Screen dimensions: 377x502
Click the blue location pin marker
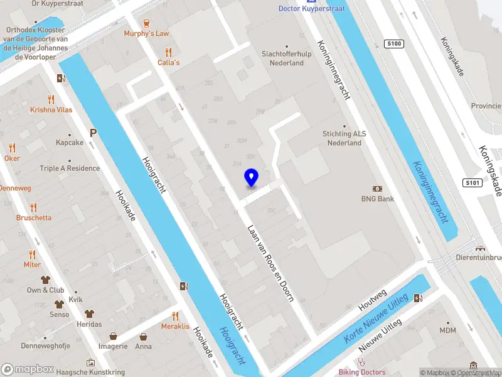point(251,178)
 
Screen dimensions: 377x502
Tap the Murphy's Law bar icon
point(147,23)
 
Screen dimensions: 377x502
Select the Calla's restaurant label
point(168,62)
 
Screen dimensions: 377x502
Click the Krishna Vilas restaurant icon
point(51,99)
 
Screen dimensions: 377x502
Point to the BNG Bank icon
point(378,188)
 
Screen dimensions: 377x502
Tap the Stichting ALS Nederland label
point(344,138)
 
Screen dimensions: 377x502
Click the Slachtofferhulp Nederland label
point(287,58)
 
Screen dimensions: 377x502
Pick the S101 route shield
point(473,183)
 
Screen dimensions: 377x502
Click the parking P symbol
point(93,133)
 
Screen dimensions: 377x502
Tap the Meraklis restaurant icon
point(175,316)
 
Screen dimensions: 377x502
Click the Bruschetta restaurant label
point(34,217)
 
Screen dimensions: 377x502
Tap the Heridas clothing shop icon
point(89,314)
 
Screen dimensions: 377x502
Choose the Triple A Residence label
point(70,168)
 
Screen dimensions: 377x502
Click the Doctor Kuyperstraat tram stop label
point(311,8)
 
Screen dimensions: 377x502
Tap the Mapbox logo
point(28,369)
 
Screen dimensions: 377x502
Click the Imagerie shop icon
point(113,336)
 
